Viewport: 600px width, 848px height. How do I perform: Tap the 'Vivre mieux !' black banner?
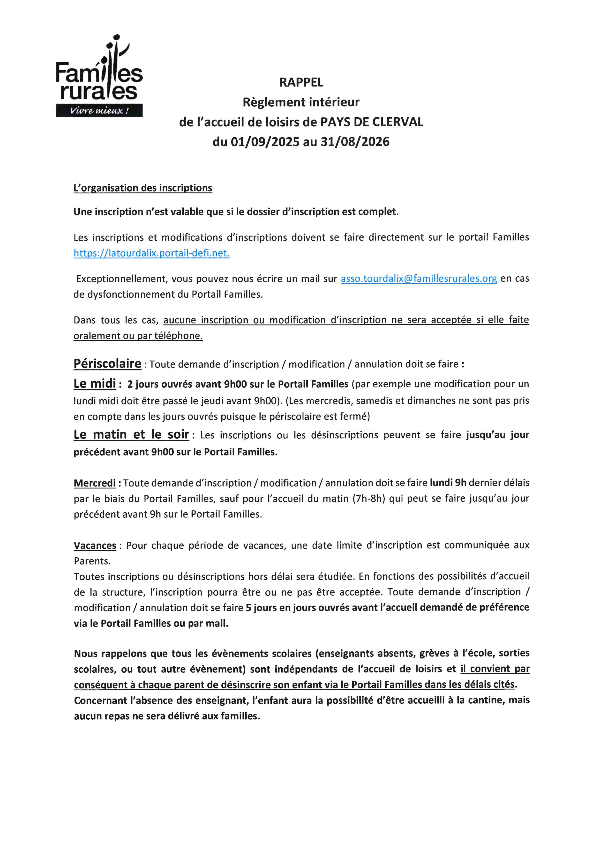(99, 111)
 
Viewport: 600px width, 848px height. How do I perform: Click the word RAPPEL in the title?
(301, 82)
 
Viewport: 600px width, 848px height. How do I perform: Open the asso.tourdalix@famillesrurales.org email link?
(419, 279)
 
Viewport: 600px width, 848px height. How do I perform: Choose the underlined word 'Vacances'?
(95, 546)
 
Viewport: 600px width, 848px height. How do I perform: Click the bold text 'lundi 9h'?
(448, 483)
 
